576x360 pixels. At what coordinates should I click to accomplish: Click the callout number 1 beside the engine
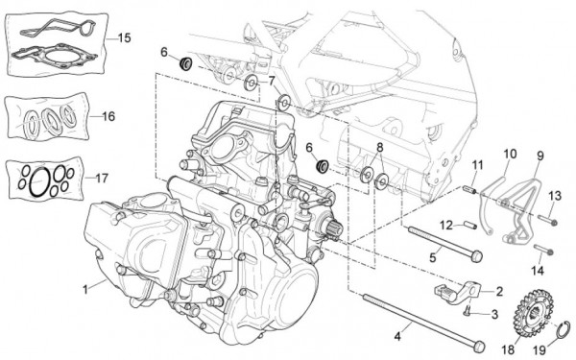pos(86,288)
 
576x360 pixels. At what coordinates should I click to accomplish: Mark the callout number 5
pos(434,256)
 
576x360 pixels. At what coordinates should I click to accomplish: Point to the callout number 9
pos(539,154)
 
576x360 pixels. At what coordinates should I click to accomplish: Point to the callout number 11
pos(476,165)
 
